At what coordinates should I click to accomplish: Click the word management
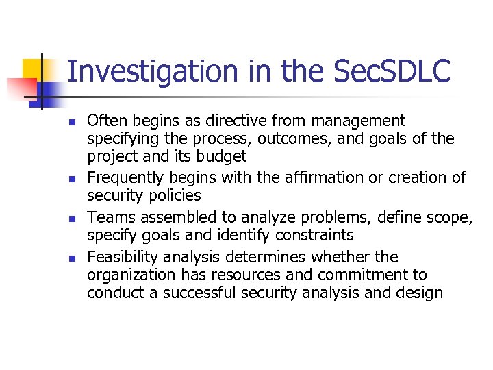pyautogui.click(x=358, y=121)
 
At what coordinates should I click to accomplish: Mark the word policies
pyautogui.click(x=176, y=196)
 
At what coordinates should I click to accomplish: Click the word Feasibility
pyautogui.click(x=121, y=257)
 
